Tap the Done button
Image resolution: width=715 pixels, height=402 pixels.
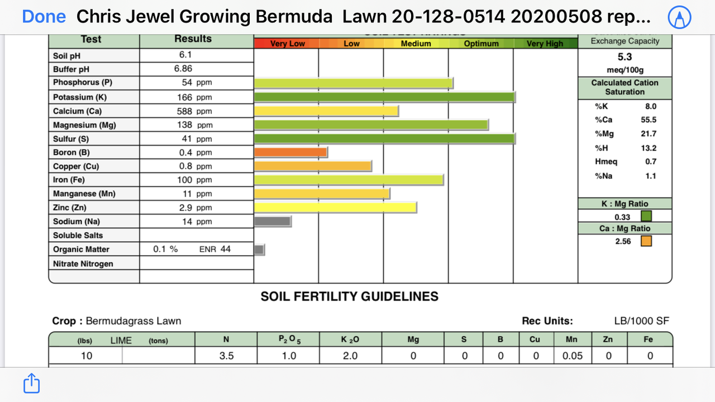pyautogui.click(x=44, y=17)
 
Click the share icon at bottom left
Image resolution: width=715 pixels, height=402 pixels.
pyautogui.click(x=31, y=384)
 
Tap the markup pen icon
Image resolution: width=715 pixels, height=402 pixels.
pyautogui.click(x=680, y=18)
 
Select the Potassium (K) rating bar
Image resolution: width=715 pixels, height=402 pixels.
pyautogui.click(x=384, y=97)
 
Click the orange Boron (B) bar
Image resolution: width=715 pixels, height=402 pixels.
pyautogui.click(x=290, y=152)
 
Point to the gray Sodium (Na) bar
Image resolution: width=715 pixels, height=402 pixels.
pyautogui.click(x=272, y=221)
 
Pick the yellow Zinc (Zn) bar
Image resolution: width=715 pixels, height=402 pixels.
pyautogui.click(x=335, y=207)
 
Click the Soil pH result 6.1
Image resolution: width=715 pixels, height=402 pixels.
pyautogui.click(x=185, y=55)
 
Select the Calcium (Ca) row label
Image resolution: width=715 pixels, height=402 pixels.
pyautogui.click(x=78, y=111)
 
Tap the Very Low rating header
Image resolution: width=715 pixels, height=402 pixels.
pyautogui.click(x=288, y=44)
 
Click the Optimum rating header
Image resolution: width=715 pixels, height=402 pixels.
pyautogui.click(x=481, y=44)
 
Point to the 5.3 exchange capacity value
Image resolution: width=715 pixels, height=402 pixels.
pyautogui.click(x=625, y=57)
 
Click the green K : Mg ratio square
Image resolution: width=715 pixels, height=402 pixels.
pyautogui.click(x=646, y=216)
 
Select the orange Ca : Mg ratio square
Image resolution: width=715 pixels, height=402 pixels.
pyautogui.click(x=646, y=241)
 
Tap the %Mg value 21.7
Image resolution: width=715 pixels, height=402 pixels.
pyautogui.click(x=649, y=134)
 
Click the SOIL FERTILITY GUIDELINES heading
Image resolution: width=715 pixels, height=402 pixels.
pyautogui.click(x=349, y=296)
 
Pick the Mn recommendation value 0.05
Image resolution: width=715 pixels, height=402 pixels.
pyautogui.click(x=572, y=356)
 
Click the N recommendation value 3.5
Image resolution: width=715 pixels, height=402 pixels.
pyautogui.click(x=226, y=356)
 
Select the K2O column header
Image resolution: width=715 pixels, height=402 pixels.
pyautogui.click(x=350, y=339)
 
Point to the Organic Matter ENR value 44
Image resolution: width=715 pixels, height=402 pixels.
pyautogui.click(x=225, y=249)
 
